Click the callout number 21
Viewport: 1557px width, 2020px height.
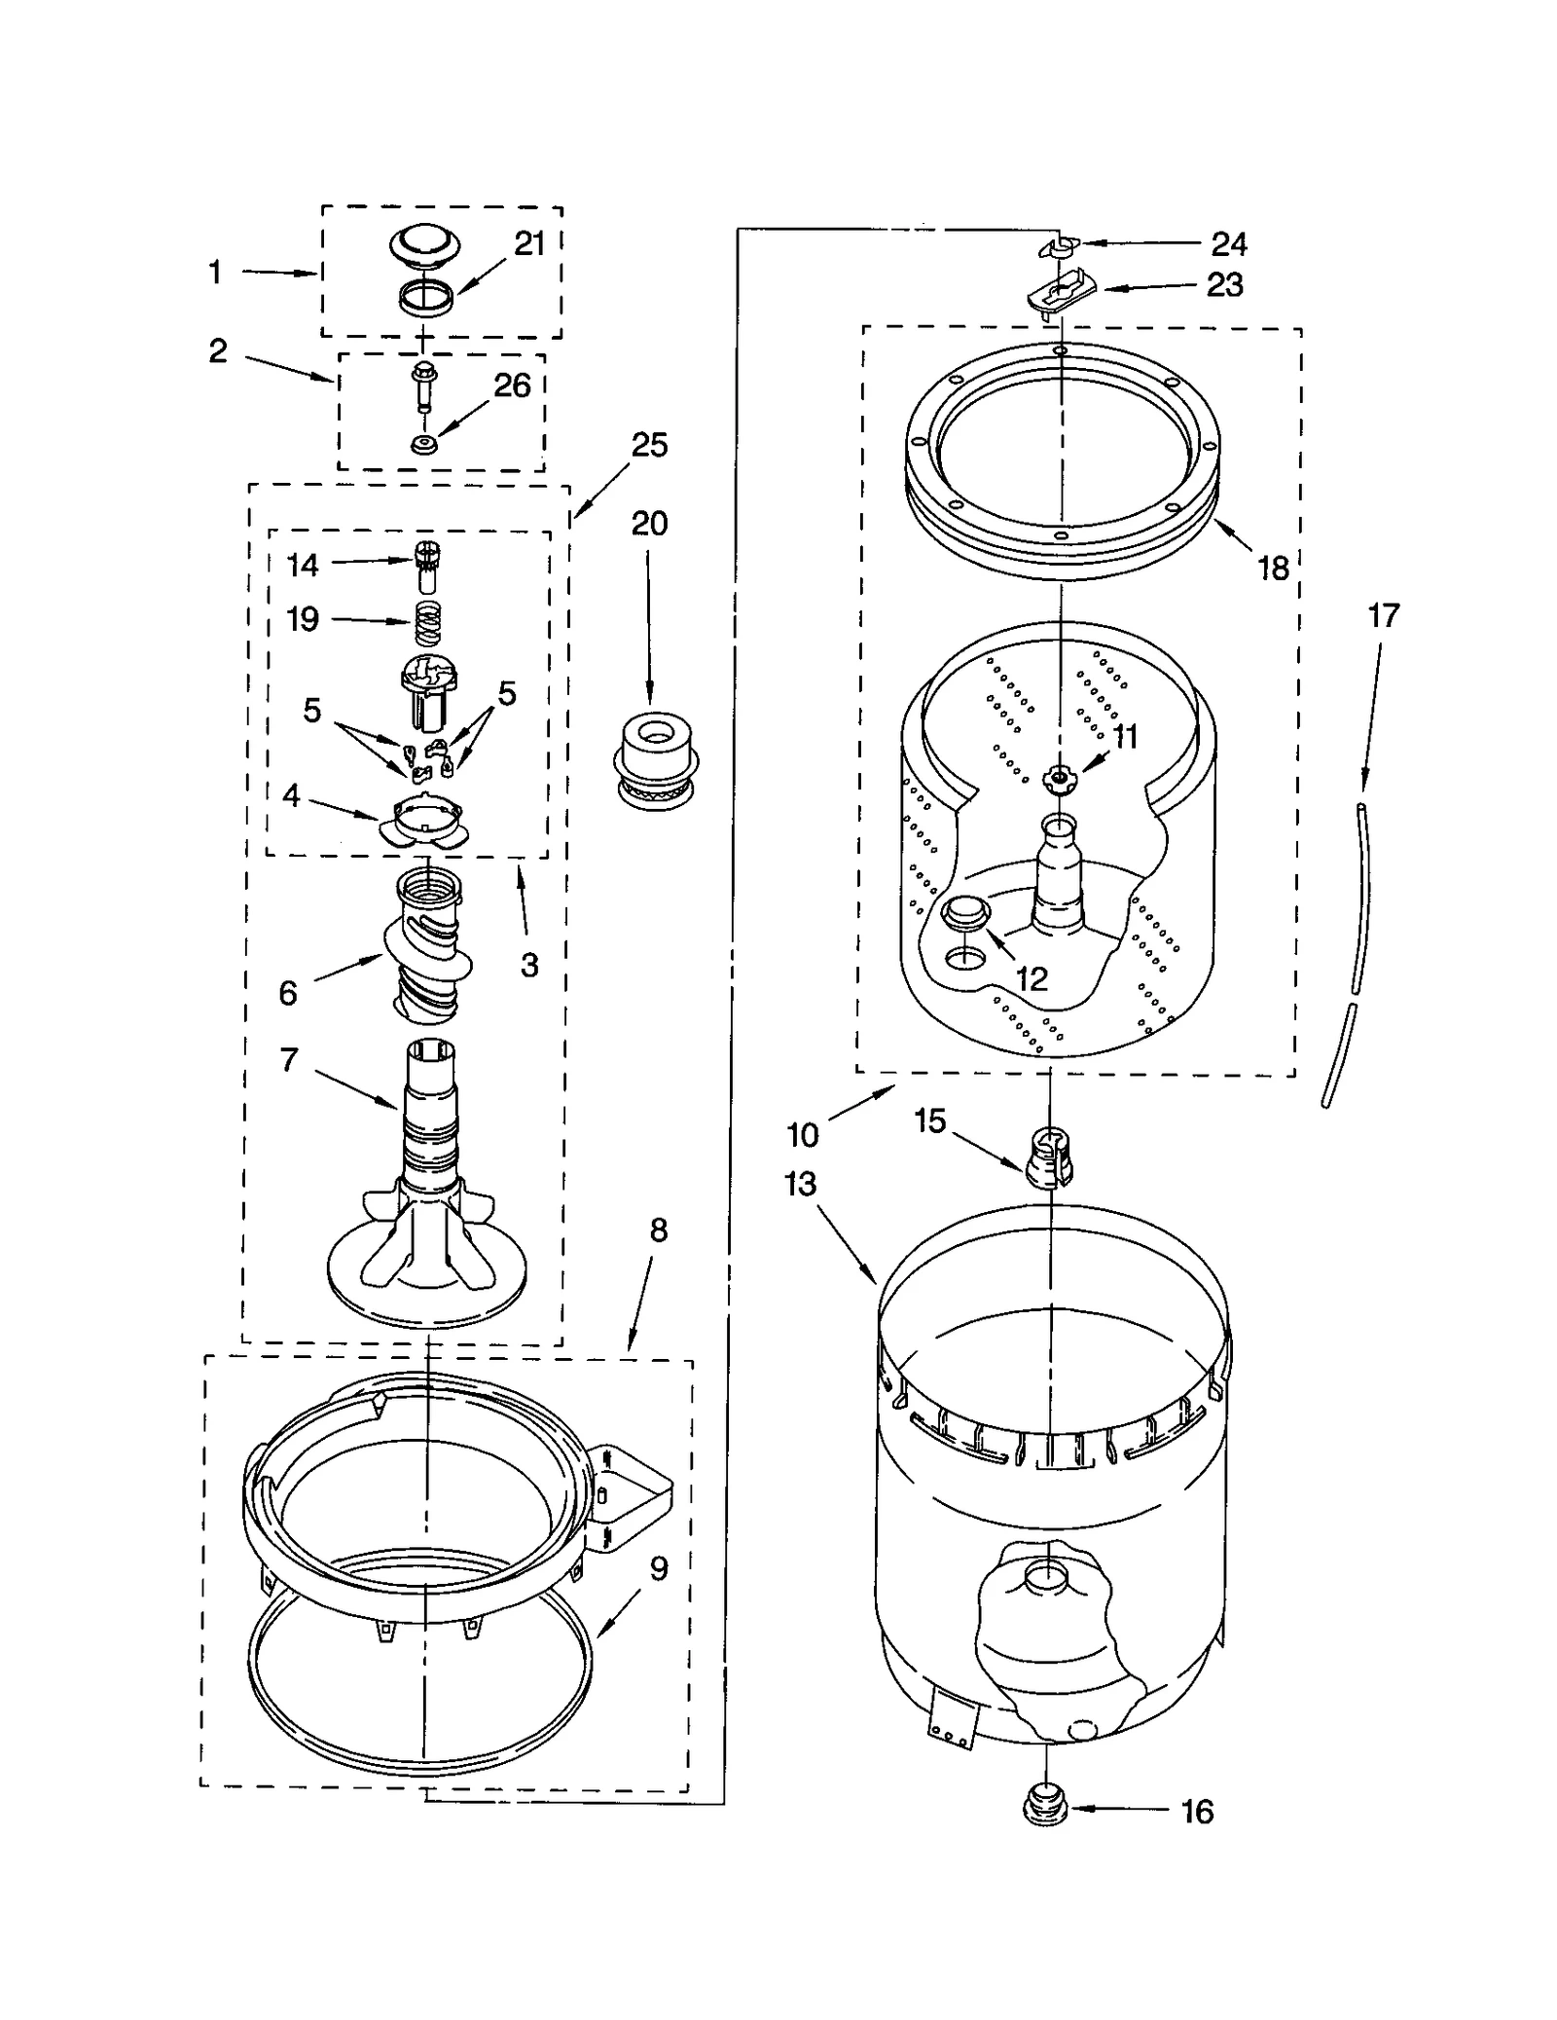pyautogui.click(x=528, y=244)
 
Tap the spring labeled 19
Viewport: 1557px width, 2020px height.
pyautogui.click(x=427, y=622)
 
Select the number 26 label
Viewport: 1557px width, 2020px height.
pyautogui.click(x=512, y=386)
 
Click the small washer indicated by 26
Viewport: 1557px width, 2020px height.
pyautogui.click(x=423, y=445)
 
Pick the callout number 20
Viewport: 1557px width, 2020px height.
pyautogui.click(x=649, y=523)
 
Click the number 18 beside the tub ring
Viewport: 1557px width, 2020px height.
pyautogui.click(x=1273, y=568)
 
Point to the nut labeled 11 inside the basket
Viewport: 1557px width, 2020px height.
pyautogui.click(x=1057, y=776)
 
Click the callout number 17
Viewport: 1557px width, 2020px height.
pyautogui.click(x=1383, y=615)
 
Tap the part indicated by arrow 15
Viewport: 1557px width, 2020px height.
pyautogui.click(x=1049, y=1157)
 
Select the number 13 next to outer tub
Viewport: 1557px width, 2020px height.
pyautogui.click(x=800, y=1184)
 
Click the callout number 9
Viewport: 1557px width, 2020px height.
pyautogui.click(x=659, y=1568)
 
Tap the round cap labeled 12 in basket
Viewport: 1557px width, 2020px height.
pyautogui.click(x=965, y=913)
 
